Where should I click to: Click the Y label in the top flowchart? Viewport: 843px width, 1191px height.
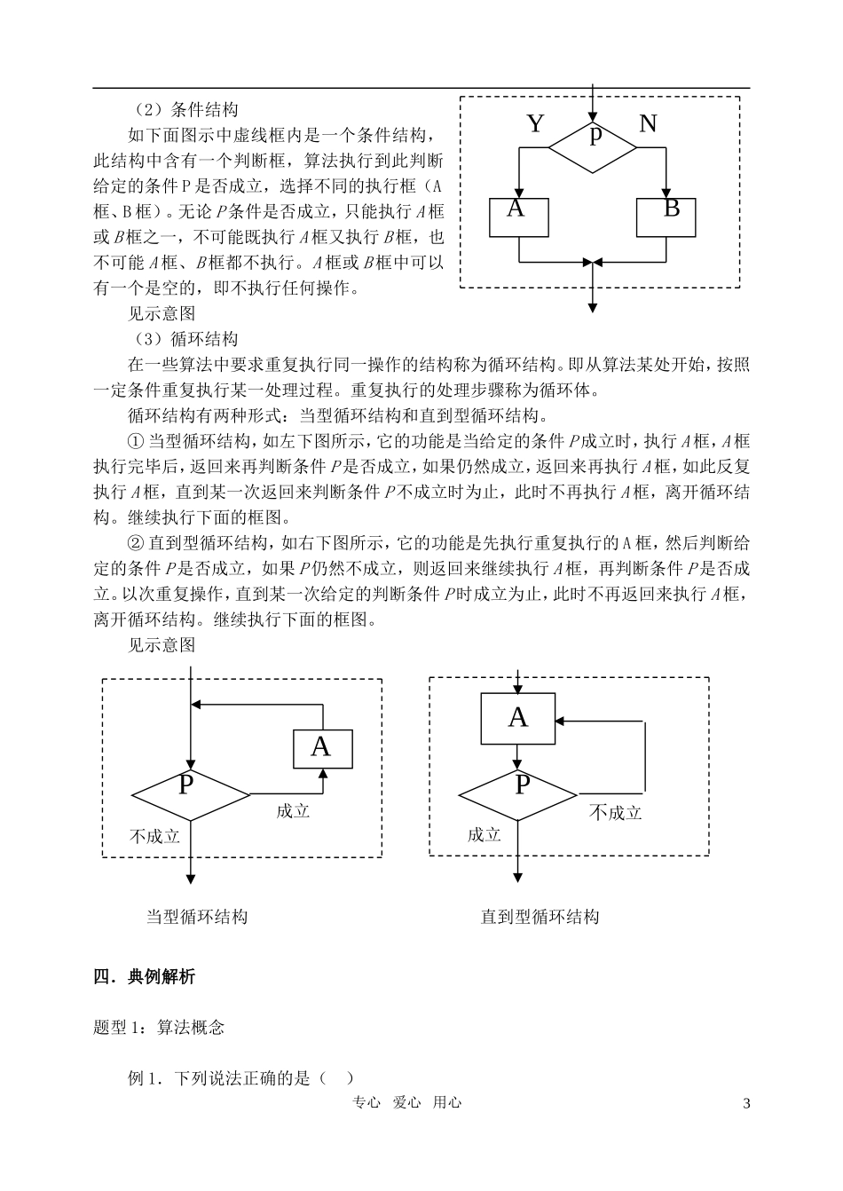535,123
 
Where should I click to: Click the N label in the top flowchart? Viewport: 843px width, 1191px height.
648,123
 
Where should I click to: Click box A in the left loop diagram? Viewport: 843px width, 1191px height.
323,749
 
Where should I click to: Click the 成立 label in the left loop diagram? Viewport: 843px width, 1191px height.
293,811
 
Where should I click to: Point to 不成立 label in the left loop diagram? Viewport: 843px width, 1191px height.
154,836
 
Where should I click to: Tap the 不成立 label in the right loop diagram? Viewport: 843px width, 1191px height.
615,812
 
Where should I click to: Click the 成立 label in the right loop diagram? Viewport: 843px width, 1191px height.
485,835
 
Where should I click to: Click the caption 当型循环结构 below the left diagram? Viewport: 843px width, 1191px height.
197,917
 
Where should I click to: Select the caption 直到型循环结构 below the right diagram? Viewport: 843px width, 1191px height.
540,917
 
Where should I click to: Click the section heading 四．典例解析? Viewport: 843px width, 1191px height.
144,977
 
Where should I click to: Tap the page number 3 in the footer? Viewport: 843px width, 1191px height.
745,1104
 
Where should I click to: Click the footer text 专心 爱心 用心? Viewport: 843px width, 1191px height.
407,1102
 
